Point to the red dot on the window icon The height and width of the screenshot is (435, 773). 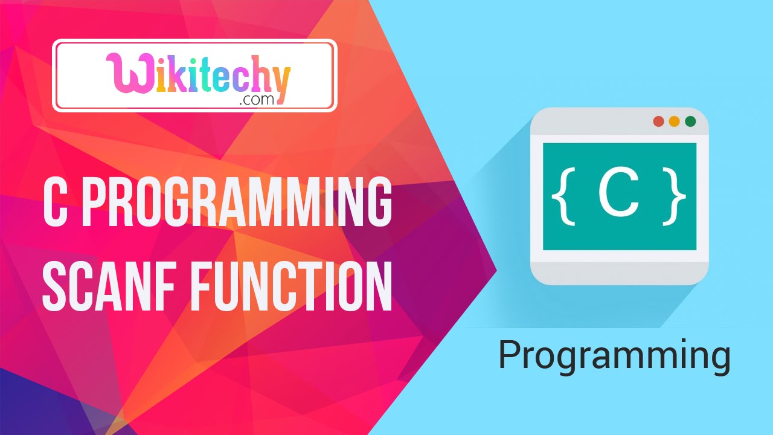click(x=658, y=121)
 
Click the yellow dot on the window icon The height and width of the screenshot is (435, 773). click(x=674, y=121)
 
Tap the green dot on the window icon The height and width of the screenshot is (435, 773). click(x=690, y=121)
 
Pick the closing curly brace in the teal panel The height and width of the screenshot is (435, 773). click(x=676, y=197)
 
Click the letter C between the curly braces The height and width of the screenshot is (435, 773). click(x=618, y=196)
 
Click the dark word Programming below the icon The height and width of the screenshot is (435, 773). click(x=614, y=357)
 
